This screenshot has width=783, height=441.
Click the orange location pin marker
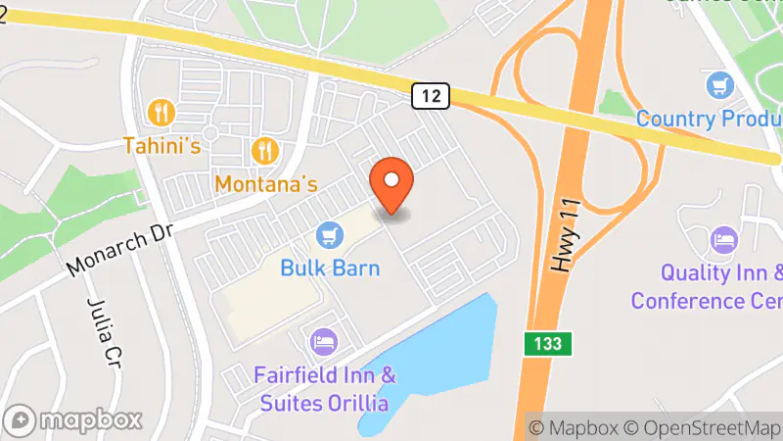coord(391,183)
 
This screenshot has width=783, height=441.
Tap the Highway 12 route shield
coord(431,95)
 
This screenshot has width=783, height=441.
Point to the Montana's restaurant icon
coord(265,150)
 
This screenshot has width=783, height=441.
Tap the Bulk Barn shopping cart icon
coord(329,235)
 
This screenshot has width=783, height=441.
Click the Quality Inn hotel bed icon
coord(724,238)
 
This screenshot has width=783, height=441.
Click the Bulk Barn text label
coord(330,268)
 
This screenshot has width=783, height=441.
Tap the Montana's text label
coord(266,183)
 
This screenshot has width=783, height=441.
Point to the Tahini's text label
coord(161,146)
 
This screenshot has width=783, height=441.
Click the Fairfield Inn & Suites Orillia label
coord(324,388)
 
